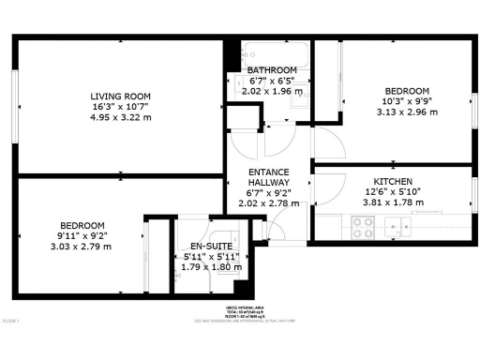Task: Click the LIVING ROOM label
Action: point(120,97)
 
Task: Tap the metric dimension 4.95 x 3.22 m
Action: point(120,117)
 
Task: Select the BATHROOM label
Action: point(272,71)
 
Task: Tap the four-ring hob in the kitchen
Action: point(362,227)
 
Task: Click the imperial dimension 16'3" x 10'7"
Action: point(120,107)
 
